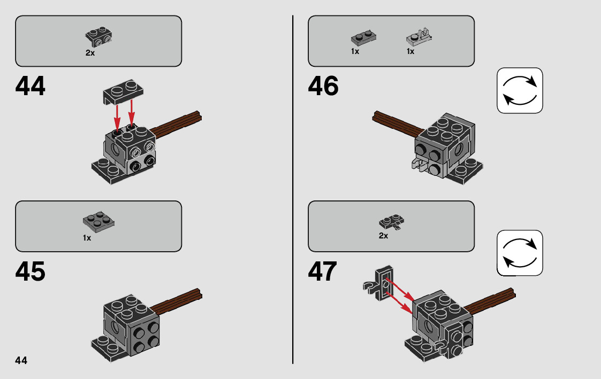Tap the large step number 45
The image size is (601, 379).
click(31, 272)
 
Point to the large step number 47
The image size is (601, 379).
click(322, 272)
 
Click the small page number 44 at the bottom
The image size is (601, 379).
click(21, 360)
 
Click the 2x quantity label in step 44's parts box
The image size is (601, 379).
click(90, 53)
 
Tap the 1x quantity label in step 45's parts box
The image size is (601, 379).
click(87, 238)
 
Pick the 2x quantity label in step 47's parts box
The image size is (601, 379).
click(383, 236)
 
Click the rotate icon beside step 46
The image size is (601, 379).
click(520, 90)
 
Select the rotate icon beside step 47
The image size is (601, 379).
click(520, 253)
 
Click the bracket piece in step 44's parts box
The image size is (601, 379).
click(98, 37)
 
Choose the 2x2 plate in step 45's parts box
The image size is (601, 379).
click(98, 222)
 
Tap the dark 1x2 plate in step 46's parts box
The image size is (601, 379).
click(363, 37)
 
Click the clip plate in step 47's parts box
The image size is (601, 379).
click(392, 222)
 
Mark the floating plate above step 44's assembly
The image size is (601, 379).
click(123, 92)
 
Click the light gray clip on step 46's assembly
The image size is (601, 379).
click(420, 164)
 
